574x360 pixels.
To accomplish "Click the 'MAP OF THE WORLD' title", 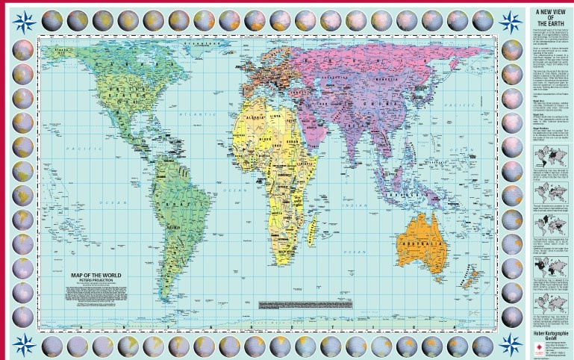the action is (95, 276).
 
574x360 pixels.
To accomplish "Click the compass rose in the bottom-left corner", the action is (25, 343).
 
